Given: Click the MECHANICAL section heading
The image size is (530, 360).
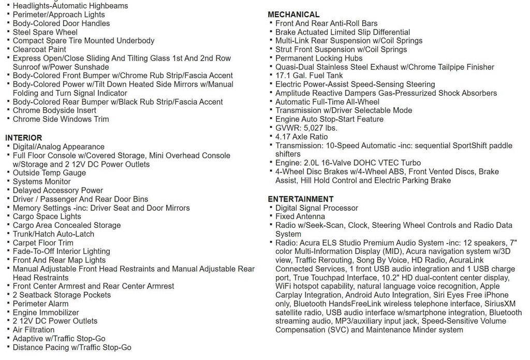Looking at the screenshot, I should pyautogui.click(x=293, y=15).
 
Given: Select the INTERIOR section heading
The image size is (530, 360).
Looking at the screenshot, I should pyautogui.click(x=24, y=138).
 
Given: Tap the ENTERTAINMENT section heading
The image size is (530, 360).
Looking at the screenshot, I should pyautogui.click(x=301, y=199).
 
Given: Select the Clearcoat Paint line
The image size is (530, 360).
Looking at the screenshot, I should pyautogui.click(x=39, y=49).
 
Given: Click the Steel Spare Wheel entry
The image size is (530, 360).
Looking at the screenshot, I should pyautogui.click(x=45, y=32).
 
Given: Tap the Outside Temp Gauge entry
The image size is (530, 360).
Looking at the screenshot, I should pyautogui.click(x=49, y=173).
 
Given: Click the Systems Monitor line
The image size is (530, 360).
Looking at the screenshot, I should pyautogui.click(x=42, y=182).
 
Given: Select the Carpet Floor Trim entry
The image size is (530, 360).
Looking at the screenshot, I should pyautogui.click(x=43, y=242).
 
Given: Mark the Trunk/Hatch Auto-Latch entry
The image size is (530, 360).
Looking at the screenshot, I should pyautogui.click(x=54, y=234).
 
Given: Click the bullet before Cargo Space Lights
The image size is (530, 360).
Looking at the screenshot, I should pyautogui.click(x=8, y=216).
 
